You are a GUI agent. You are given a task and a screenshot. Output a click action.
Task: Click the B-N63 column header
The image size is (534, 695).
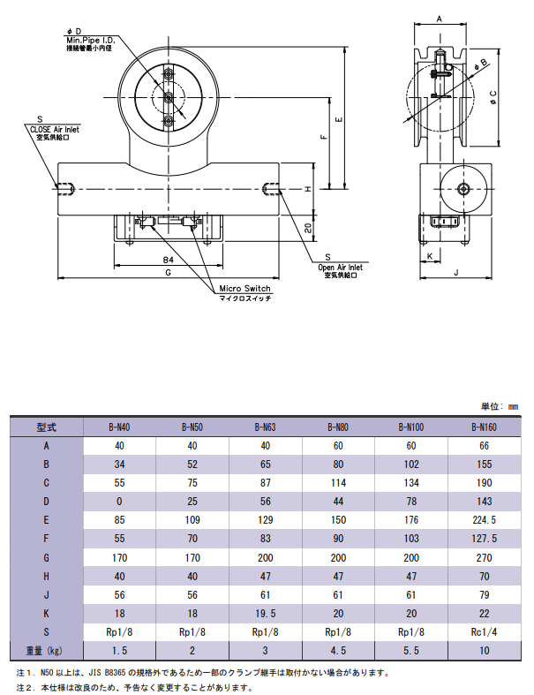[265, 427]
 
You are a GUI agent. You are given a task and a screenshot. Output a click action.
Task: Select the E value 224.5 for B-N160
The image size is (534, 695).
[484, 520]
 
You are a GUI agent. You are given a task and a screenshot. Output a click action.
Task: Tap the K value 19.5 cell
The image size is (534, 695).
[265, 614]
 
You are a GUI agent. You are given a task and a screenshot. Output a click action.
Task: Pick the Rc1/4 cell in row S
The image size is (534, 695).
[484, 632]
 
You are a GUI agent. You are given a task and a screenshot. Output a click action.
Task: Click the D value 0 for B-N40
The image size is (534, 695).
[119, 502]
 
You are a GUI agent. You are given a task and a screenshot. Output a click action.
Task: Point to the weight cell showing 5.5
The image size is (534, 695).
[411, 651]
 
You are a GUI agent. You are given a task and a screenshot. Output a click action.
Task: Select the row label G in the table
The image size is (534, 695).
[46, 557]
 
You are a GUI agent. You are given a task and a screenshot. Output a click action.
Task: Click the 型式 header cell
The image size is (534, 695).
[47, 427]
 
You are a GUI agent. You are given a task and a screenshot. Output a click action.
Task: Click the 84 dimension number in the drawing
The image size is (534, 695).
[168, 260]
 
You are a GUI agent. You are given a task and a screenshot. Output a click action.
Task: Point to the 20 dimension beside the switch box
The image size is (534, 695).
[308, 228]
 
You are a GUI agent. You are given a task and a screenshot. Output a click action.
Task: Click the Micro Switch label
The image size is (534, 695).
[244, 289]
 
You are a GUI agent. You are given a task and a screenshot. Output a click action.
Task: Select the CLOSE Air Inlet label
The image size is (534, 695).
[55, 130]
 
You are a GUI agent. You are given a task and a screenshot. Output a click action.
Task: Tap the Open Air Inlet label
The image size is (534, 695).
[341, 268]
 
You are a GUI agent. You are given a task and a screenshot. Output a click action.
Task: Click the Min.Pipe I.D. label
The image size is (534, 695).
[90, 40]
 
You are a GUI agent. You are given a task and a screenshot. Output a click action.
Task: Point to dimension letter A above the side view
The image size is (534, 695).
[440, 19]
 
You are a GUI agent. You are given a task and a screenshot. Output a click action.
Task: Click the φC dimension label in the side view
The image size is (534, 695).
[493, 97]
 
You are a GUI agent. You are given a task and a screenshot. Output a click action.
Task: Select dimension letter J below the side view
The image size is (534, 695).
[456, 273]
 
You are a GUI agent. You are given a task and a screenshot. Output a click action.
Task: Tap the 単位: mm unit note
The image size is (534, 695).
[500, 406]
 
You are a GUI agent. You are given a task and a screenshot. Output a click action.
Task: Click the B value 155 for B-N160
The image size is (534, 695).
[484, 465]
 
